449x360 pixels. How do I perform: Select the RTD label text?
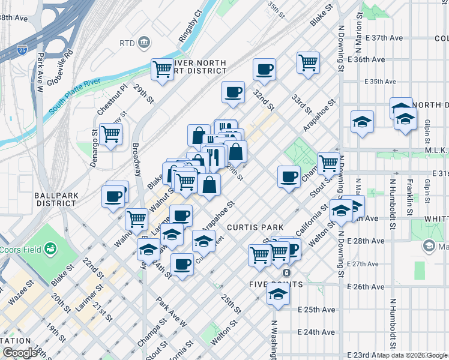coord(127,43)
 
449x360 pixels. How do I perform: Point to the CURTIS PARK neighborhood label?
coord(251,227)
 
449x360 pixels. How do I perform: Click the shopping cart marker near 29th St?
coord(162,69)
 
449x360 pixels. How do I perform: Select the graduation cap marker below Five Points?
coord(278,294)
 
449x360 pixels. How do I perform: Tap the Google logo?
coord(19,353)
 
